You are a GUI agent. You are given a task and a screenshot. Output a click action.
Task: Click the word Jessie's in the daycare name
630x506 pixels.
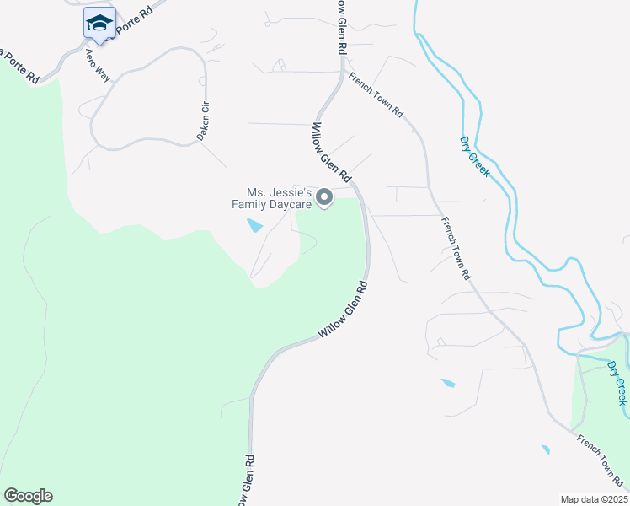[x=291, y=193]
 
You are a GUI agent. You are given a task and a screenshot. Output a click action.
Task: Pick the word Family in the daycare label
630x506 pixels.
[x=250, y=204]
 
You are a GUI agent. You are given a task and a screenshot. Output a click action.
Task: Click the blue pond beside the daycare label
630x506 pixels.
[x=254, y=225]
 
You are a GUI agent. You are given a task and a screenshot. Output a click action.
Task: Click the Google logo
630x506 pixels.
[x=28, y=496]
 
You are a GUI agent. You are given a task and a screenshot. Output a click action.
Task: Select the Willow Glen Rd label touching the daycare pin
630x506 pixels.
[x=331, y=153]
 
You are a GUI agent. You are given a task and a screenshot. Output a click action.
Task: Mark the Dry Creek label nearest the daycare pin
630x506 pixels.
[x=475, y=156]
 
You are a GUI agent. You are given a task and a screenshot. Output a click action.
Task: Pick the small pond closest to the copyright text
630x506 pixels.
[x=546, y=449]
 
